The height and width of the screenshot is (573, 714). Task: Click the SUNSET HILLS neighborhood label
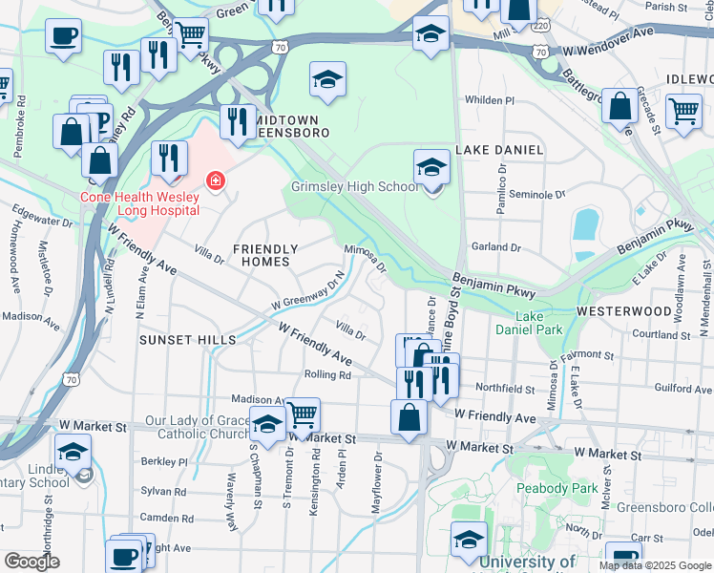pos(187,340)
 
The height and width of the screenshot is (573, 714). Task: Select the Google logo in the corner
pos(32,562)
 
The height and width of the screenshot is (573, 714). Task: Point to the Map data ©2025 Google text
pos(655,565)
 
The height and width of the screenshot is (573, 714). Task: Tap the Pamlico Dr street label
pos(500,187)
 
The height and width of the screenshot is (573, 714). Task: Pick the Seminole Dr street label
pos(536,195)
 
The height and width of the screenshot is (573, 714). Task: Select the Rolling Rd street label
pos(327,375)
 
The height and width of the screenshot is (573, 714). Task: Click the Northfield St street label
pos(506,389)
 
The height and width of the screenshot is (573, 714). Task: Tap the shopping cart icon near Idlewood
pos(683,111)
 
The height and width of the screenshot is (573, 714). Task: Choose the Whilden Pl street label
pos(489,100)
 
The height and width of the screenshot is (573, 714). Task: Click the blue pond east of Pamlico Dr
pos(584,225)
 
